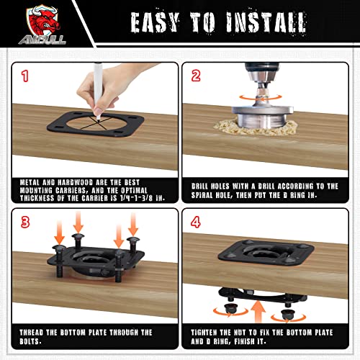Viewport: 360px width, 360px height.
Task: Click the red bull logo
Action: pos(42,25)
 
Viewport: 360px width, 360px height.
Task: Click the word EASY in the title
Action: pos(155,22)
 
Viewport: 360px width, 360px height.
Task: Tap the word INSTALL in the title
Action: pos(266,22)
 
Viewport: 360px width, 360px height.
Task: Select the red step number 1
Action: pos(25,76)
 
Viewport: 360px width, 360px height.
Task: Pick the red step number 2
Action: pos(196,76)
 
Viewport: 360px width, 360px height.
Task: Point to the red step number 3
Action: pos(25,222)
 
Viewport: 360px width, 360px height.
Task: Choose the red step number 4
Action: pos(196,222)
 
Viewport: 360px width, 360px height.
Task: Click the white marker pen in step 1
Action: pos(97,91)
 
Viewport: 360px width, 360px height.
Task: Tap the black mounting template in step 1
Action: pos(96,124)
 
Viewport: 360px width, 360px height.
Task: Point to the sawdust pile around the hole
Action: pos(256,128)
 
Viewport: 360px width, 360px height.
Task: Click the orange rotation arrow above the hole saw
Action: pos(261,97)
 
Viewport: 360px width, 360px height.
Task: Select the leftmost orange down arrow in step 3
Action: pos(59,232)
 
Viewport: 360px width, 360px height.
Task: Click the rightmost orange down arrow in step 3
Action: pos(133,224)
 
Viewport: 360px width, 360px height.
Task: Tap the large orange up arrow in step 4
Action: pos(258,310)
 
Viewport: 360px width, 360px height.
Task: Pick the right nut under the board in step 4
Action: pos(287,315)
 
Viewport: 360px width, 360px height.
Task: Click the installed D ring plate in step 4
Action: pos(266,252)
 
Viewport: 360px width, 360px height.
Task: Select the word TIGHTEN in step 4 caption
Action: pos(204,333)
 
